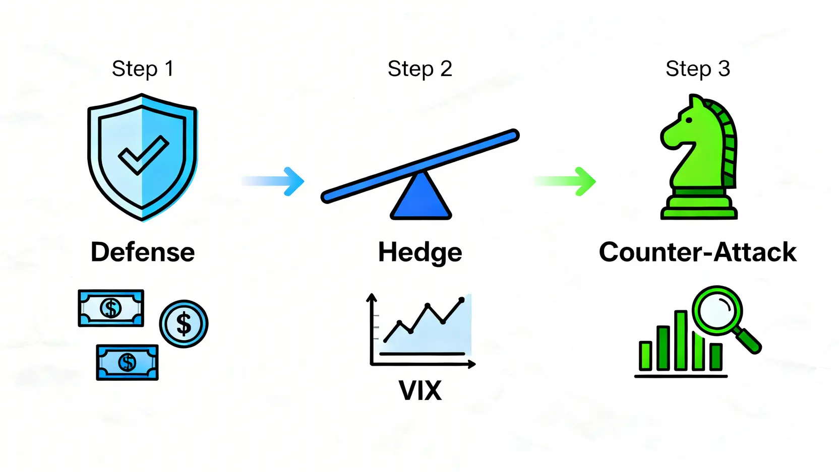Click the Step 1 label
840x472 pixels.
[x=143, y=69]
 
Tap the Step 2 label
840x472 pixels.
[x=419, y=69]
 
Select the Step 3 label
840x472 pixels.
[x=697, y=69]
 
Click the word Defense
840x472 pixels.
[x=143, y=252]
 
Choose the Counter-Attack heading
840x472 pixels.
[x=697, y=252]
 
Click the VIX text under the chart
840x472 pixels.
[x=420, y=390]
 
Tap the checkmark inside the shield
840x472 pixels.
[x=143, y=155]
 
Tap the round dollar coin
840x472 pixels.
[x=184, y=324]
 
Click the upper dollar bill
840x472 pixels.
[x=111, y=308]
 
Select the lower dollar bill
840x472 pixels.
[x=127, y=362]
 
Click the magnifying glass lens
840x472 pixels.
[x=717, y=310]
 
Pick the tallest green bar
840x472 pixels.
[x=681, y=341]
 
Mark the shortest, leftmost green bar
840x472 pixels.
[x=645, y=356]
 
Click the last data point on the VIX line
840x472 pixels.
[x=461, y=300]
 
